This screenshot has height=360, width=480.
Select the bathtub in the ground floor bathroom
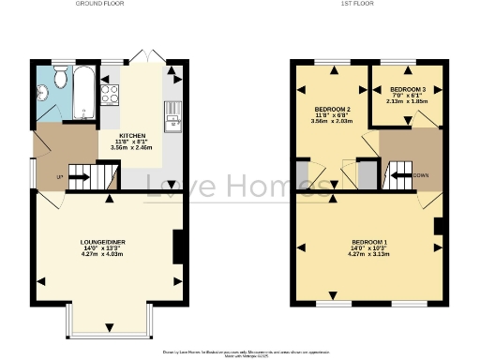[x=83, y=94]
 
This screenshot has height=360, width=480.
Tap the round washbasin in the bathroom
[x=41, y=92]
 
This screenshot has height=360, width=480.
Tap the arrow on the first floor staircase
[x=398, y=174]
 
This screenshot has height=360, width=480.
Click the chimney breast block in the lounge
[x=178, y=247]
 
